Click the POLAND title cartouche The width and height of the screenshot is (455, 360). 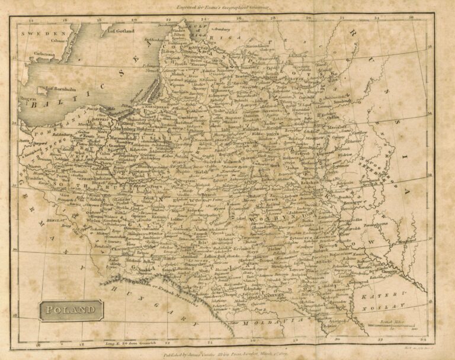71,310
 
